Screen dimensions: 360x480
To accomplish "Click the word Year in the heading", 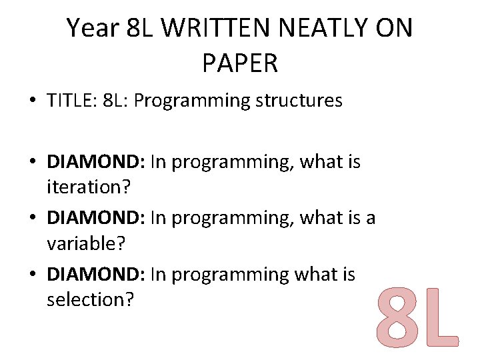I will tap(93, 28).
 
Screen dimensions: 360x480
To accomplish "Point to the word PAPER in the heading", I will tap(239, 63).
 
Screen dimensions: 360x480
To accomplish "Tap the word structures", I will tap(297, 101).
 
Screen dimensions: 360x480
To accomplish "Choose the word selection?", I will tap(91, 299).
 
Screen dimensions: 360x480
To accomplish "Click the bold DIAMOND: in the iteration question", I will tap(97, 162).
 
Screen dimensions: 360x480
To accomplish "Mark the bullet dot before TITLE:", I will tap(32, 101).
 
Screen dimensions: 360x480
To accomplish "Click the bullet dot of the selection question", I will tap(32, 275).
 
